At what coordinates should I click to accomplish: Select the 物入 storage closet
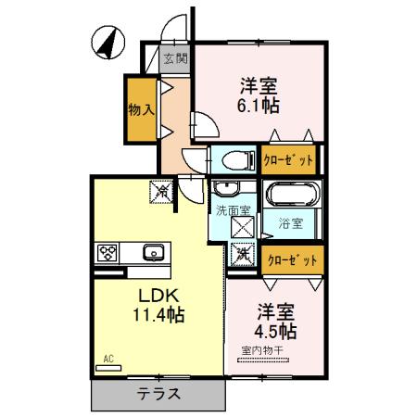(141, 109)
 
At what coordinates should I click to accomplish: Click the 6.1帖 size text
(259, 106)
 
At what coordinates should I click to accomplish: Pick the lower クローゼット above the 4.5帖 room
(290, 260)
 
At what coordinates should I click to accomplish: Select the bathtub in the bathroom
(293, 196)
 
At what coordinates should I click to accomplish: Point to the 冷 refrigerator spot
(161, 192)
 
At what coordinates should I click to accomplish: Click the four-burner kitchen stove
(107, 252)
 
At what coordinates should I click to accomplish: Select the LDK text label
(158, 296)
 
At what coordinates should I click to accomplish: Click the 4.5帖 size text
(276, 330)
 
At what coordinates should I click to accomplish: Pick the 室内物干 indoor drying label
(263, 349)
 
